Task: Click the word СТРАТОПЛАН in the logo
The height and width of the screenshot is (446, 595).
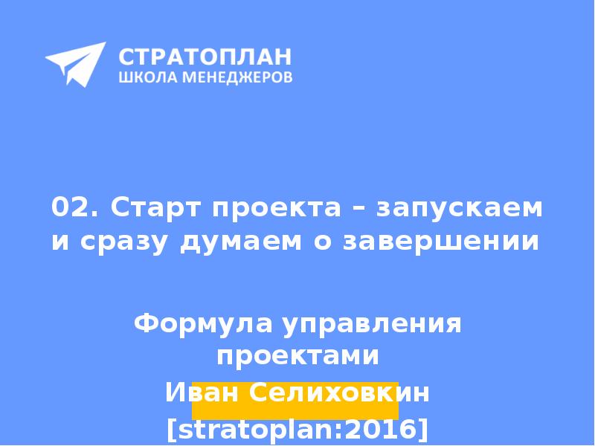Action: point(205,56)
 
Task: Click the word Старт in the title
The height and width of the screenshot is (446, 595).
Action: point(155,209)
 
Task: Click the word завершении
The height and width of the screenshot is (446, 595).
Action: point(440,242)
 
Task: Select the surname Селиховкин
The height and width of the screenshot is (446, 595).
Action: point(338,392)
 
